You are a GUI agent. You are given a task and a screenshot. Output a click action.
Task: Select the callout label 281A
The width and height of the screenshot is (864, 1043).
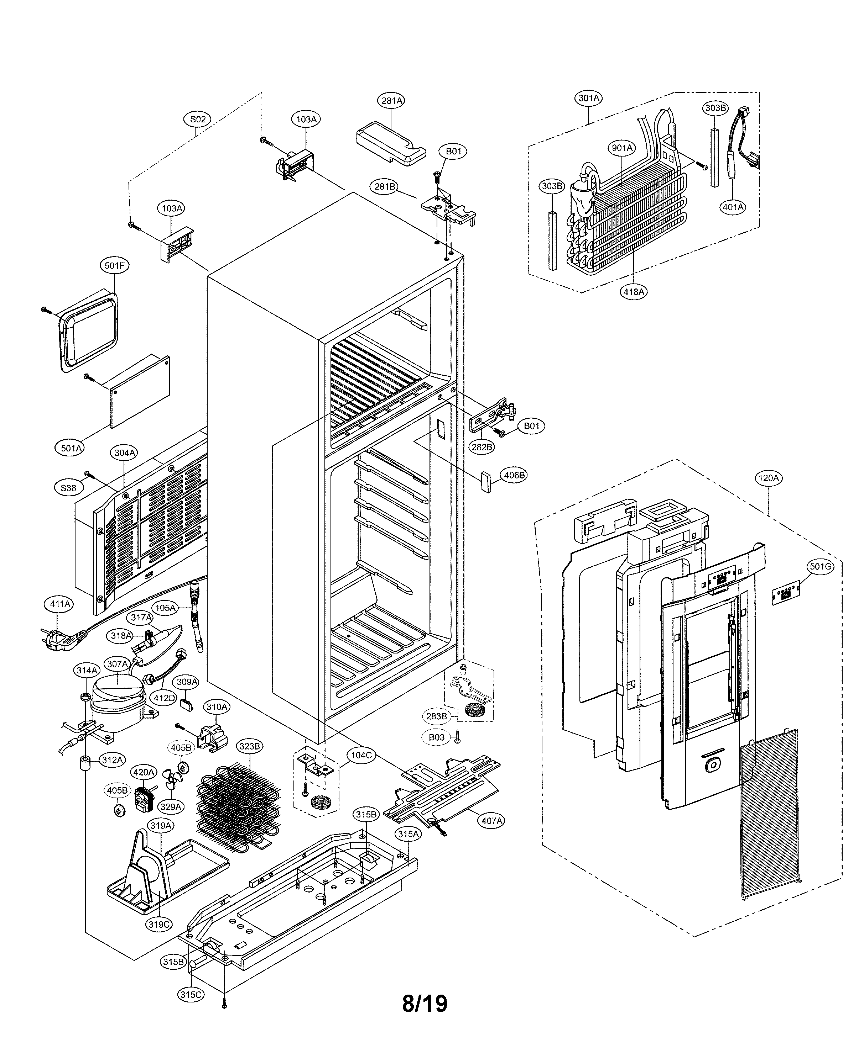[392, 100]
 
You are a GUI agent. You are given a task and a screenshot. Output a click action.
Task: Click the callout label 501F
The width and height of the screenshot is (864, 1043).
[114, 266]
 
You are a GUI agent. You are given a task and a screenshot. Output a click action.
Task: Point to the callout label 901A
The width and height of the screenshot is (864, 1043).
[622, 148]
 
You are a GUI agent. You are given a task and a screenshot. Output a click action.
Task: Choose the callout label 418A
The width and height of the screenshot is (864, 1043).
[634, 292]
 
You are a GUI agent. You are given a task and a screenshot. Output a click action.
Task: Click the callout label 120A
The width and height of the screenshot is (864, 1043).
[768, 478]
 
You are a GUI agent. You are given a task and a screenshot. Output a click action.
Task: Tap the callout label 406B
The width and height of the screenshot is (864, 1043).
[514, 475]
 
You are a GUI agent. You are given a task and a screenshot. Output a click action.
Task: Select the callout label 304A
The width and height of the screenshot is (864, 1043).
[125, 453]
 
